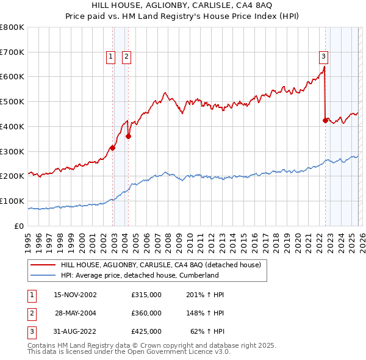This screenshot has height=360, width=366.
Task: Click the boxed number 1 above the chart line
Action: coord(111,57)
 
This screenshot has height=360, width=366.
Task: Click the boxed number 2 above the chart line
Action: coord(126,57)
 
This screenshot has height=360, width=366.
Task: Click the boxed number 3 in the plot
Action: coord(323,57)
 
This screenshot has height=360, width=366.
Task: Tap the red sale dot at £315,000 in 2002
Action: coord(113,148)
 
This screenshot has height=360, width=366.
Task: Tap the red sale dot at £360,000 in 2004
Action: coord(129,136)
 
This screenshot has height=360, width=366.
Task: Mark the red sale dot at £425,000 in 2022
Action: coord(325,120)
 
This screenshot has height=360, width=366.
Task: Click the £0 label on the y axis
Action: coord(19,226)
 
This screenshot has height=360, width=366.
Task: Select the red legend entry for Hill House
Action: coord(160,265)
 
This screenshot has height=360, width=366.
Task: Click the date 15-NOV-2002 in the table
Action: coord(76,295)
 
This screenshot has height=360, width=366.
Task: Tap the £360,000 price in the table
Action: coord(146,313)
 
